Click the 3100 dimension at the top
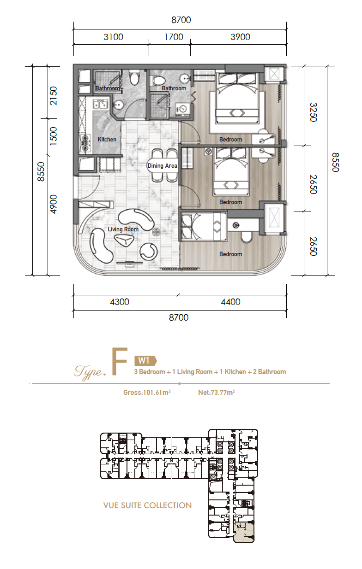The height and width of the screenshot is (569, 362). pos(113,37)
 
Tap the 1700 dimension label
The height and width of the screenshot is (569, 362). pos(174,37)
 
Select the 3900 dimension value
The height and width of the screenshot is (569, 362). pos(240,37)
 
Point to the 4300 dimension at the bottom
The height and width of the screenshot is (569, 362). pos(120,302)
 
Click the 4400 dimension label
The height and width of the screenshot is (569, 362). pos(230,302)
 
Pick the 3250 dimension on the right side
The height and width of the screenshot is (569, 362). pos(314,112)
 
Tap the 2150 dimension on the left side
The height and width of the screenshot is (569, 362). pos(54,96)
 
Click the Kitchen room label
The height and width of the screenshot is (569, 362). pos(107,140)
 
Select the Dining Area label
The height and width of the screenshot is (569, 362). pos(163,165)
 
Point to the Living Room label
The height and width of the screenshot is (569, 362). pos(123,229)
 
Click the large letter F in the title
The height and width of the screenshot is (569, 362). pos(120,362)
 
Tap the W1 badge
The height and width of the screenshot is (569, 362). pos(145,360)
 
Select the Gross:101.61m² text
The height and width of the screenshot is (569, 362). pos(147,393)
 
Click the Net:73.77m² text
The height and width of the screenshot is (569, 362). pos(217,393)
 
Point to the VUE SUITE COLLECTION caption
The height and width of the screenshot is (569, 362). pos(147,505)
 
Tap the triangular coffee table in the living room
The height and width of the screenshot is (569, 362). pos(124,240)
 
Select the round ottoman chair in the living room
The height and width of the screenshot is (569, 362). pos(149,252)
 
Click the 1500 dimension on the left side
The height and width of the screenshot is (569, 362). pos(54,136)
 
